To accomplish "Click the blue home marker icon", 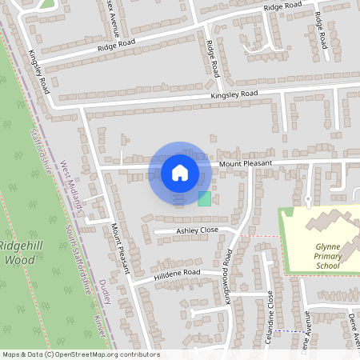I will pos(180,172).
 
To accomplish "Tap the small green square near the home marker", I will pos(205,198).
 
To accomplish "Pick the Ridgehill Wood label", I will pos(24,252).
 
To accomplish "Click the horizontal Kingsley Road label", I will pos(234,94).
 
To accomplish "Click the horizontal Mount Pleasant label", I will pos(246,163).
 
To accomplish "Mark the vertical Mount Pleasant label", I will pos(119,248).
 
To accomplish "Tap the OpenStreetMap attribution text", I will pos(81,354).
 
